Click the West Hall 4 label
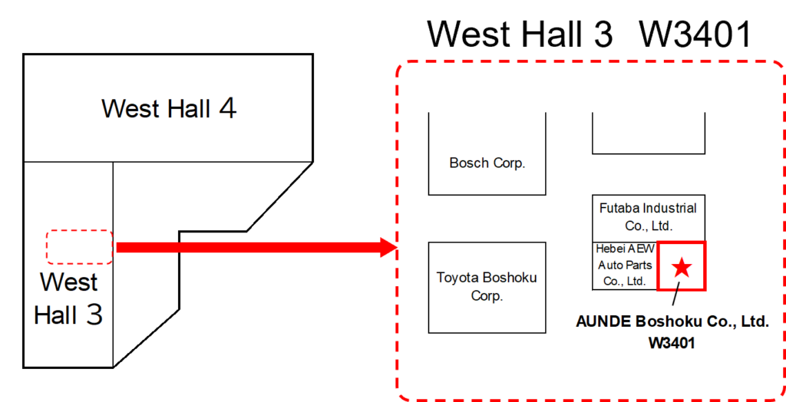169,108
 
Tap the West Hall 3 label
69,298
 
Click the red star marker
682,267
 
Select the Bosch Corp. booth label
487,163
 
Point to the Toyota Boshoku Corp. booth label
487,286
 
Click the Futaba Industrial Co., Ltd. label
649,216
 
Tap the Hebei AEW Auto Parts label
626,265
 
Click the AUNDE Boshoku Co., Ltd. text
672,322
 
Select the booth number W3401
672,343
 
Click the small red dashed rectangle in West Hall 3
79,247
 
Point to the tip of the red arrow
394,247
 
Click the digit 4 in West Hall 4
227,108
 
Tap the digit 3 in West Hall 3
93,315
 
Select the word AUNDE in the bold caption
603,322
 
